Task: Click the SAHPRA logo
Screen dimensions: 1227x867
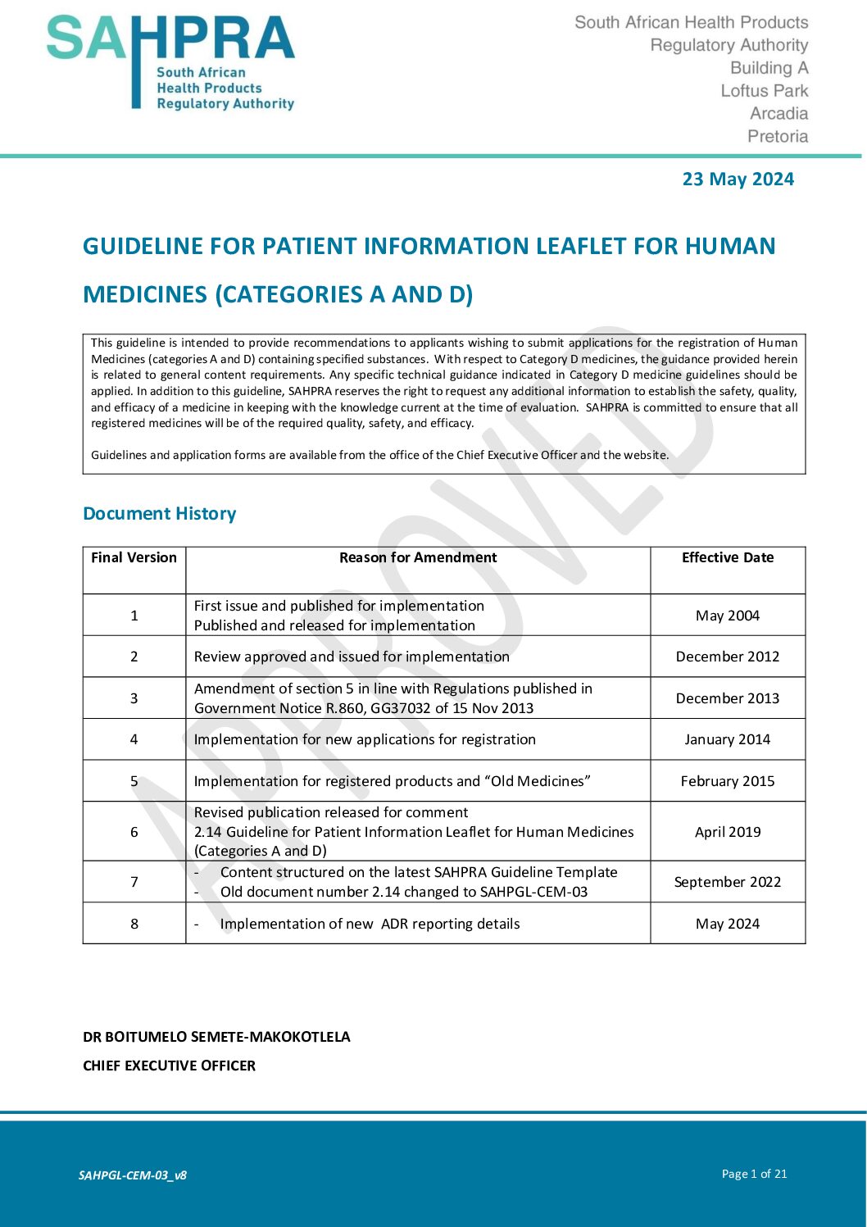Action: point(170,62)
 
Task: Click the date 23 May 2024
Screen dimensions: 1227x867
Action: point(738,180)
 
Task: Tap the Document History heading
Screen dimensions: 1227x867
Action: point(160,514)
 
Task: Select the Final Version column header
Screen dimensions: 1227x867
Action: point(134,557)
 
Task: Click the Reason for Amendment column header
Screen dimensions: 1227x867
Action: point(418,557)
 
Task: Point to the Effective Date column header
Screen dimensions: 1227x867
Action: point(728,557)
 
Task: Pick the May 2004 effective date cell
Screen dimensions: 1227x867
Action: point(728,616)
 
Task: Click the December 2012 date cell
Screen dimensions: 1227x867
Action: point(728,657)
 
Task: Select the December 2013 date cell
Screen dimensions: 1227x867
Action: point(728,698)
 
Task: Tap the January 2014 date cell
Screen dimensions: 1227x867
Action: point(728,739)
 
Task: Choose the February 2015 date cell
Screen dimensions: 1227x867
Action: point(728,781)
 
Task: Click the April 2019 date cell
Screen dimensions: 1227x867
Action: point(728,832)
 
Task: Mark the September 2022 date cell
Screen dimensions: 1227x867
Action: point(728,882)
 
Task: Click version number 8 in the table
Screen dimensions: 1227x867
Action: point(134,924)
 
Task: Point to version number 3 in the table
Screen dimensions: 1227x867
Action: point(134,698)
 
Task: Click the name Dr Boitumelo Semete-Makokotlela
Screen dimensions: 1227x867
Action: point(216,1037)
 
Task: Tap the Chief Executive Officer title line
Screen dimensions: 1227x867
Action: point(170,1066)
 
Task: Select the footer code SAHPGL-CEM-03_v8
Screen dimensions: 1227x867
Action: point(133,1175)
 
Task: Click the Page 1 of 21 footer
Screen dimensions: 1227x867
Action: point(754,1174)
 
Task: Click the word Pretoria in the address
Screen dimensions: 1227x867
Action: point(778,137)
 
